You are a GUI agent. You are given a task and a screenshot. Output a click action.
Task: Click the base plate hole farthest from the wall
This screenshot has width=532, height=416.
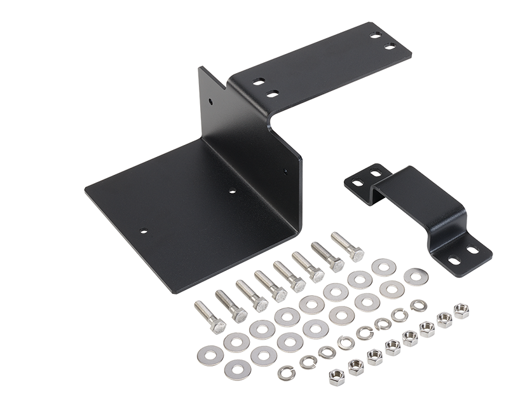coord(144,232)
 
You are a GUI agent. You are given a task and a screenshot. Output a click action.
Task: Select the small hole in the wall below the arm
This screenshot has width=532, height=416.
coord(285,171)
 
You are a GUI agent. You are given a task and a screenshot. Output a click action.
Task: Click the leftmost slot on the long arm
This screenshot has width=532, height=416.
coord(259,82)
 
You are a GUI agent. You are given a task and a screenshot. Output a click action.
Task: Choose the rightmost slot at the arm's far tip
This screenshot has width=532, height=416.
coord(390,46)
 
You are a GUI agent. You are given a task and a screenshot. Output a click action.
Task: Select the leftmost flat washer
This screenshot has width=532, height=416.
coord(207,351)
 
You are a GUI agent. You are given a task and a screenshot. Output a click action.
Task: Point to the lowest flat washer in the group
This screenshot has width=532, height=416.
coord(238,368)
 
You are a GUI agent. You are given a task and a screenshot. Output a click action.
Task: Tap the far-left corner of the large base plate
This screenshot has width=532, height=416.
coord(86,189)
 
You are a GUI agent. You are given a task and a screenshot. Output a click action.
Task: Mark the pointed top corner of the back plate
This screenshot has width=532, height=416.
coord(201,67)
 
